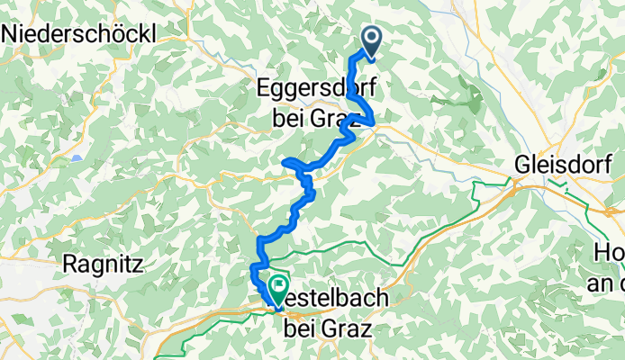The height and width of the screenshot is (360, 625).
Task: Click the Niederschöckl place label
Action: (79, 33)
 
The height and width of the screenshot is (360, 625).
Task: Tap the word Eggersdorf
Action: (309, 90)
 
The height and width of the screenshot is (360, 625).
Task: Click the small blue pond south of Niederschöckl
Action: (78, 157)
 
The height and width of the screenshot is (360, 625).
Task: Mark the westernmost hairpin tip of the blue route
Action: (285, 161)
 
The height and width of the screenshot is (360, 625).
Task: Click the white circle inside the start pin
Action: (371, 37)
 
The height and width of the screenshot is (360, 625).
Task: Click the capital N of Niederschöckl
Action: (13, 33)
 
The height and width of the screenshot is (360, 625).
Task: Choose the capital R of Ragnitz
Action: (70, 265)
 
